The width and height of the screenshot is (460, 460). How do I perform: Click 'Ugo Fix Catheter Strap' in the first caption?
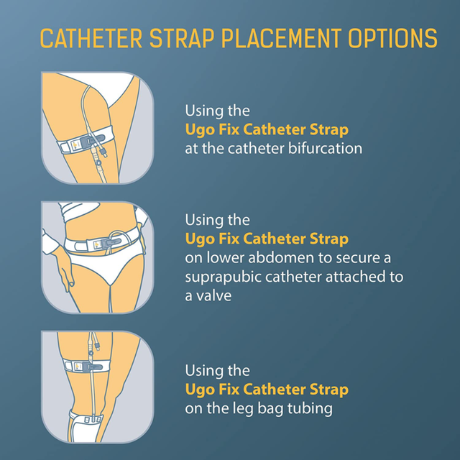(x=267, y=130)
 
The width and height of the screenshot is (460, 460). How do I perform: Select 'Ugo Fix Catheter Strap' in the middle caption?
(x=267, y=239)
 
